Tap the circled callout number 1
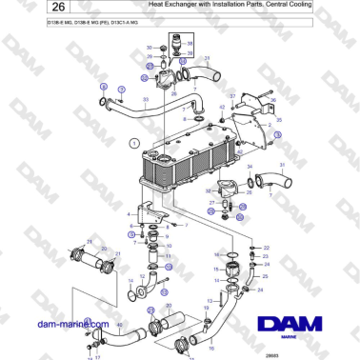pyautogui.click(x=134, y=143)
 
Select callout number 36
pyautogui.click(x=272, y=99)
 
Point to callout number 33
pyautogui.click(x=145, y=98)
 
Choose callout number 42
pyautogui.click(x=222, y=108)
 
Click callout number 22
pyautogui.click(x=267, y=248)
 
